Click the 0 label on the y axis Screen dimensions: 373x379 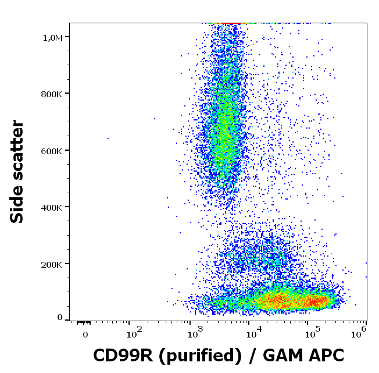(x=59, y=318)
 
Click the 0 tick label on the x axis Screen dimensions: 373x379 (x=85, y=335)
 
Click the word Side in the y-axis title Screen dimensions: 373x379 (x=18, y=204)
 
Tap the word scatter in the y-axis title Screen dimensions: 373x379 (x=18, y=151)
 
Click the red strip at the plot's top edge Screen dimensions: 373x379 (x=230, y=23)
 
